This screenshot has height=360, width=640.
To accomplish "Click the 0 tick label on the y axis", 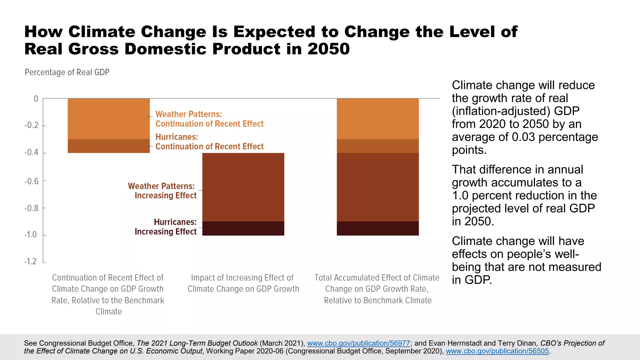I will (x=36, y=99).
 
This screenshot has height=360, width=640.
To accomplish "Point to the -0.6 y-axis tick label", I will (x=32, y=181).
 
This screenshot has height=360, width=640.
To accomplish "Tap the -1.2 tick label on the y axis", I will (x=31, y=261).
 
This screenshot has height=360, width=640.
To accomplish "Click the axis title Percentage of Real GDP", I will (x=67, y=72).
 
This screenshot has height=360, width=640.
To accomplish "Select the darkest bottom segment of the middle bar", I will (x=243, y=228).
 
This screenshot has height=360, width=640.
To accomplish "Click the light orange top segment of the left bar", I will (x=109, y=119).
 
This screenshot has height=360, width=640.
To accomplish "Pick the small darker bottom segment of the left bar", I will (x=109, y=146).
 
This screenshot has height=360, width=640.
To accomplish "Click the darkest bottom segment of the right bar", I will (x=377, y=228).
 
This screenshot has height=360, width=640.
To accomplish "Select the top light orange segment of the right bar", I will (x=377, y=119).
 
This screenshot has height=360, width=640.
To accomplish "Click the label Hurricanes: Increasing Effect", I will (x=166, y=227).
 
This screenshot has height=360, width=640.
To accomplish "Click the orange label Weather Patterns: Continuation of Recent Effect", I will (x=209, y=119).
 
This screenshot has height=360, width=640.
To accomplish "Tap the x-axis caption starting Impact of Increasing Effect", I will (x=243, y=283).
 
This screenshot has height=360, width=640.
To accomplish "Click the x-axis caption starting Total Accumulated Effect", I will (x=377, y=289).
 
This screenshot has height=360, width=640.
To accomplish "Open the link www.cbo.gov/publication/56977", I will (x=358, y=343).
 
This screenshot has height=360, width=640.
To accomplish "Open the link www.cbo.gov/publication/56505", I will (x=497, y=351).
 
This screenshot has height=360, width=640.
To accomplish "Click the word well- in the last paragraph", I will (x=565, y=254).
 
